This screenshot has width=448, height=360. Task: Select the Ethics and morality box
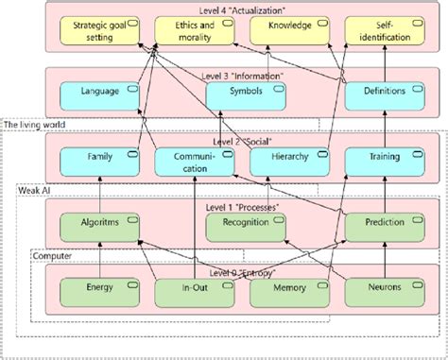click(x=191, y=31)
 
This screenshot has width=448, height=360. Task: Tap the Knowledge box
click(x=286, y=31)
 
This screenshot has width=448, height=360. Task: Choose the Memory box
click(x=286, y=290)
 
